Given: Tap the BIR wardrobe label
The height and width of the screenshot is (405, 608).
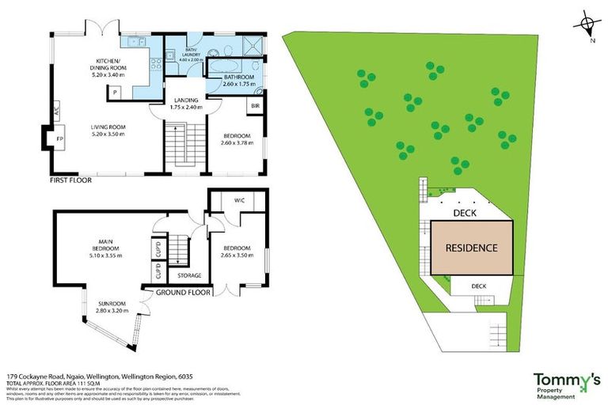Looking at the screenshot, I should click(x=256, y=105).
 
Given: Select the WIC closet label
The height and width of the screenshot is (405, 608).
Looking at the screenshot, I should click(x=238, y=201).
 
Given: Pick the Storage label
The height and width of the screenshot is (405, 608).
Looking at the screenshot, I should click(x=189, y=275).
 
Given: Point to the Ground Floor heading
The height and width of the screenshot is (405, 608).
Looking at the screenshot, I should click(x=183, y=292).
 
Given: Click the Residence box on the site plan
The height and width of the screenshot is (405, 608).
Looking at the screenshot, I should click(x=471, y=248).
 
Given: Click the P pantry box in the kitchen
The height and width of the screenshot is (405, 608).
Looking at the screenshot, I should click(x=115, y=92).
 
